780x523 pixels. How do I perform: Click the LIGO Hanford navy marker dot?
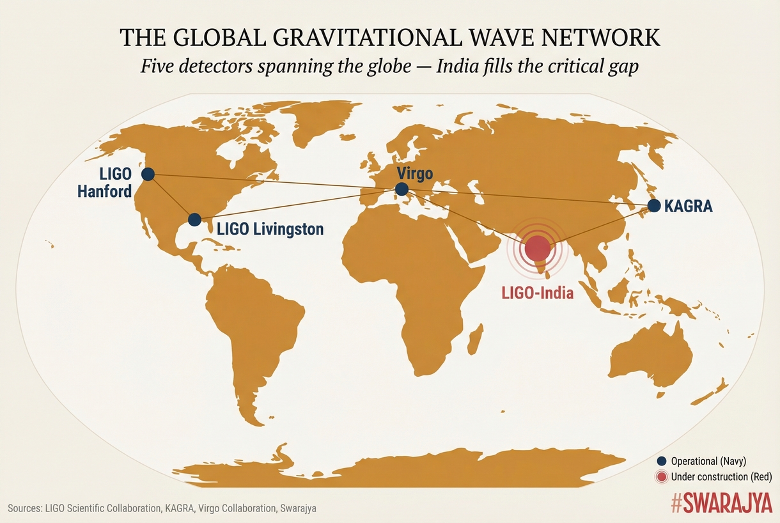tap(148, 174)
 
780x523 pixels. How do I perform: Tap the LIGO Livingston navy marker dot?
tap(194, 219)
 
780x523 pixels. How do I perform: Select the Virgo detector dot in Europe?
tap(402, 189)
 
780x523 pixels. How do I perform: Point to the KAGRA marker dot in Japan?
tap(654, 205)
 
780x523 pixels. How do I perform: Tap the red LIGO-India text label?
tap(536, 293)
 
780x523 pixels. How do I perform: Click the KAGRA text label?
tap(688, 206)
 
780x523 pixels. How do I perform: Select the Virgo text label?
tap(414, 173)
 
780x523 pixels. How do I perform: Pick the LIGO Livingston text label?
tap(270, 229)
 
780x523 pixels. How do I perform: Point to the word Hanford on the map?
tap(105, 191)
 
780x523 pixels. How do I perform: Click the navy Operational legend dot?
tap(662, 460)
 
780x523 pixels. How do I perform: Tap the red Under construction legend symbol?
tap(662, 477)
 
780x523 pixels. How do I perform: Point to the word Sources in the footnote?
tap(24, 509)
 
